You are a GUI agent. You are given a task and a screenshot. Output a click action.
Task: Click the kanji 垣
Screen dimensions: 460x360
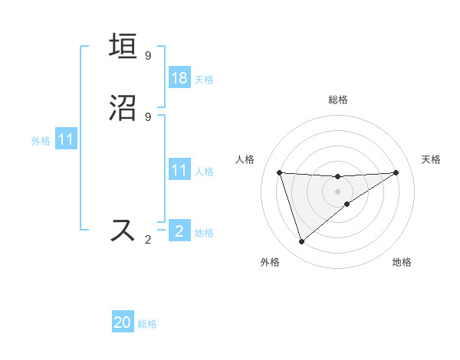click(123, 47)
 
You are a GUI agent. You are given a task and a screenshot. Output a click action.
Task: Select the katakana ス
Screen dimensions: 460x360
click(123, 231)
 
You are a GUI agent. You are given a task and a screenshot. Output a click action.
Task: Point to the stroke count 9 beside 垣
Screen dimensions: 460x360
click(148, 55)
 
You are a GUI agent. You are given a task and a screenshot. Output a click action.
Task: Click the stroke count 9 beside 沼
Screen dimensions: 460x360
click(148, 116)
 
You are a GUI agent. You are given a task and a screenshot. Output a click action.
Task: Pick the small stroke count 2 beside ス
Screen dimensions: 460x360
click(148, 240)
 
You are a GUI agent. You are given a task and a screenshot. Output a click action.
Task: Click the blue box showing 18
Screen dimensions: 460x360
click(179, 78)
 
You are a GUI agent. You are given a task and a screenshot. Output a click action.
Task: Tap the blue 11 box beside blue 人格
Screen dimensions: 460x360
click(179, 170)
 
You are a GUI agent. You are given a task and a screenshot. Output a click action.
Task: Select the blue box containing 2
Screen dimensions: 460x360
click(179, 231)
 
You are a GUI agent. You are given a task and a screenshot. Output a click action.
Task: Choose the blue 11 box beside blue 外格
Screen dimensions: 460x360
click(66, 139)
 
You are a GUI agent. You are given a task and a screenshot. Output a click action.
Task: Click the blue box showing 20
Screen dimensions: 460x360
click(123, 323)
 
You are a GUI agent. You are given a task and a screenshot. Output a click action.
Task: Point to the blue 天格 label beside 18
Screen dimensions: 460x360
click(204, 79)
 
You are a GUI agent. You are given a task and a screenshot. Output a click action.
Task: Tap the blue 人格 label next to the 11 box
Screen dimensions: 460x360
click(204, 171)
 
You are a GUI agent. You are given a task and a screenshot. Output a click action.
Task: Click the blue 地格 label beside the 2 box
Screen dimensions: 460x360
click(204, 232)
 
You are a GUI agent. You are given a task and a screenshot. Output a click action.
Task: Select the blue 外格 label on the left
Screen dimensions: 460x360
click(41, 140)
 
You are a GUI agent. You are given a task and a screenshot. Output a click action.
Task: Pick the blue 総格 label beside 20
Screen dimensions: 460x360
click(147, 324)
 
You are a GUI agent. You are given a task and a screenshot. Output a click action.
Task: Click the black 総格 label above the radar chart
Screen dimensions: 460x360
click(338, 100)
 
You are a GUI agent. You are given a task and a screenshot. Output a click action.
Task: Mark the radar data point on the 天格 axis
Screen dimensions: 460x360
click(396, 172)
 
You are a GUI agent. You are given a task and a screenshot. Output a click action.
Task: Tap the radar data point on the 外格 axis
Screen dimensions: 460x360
click(301, 242)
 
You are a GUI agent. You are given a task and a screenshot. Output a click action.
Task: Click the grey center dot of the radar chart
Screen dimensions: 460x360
click(337, 191)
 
